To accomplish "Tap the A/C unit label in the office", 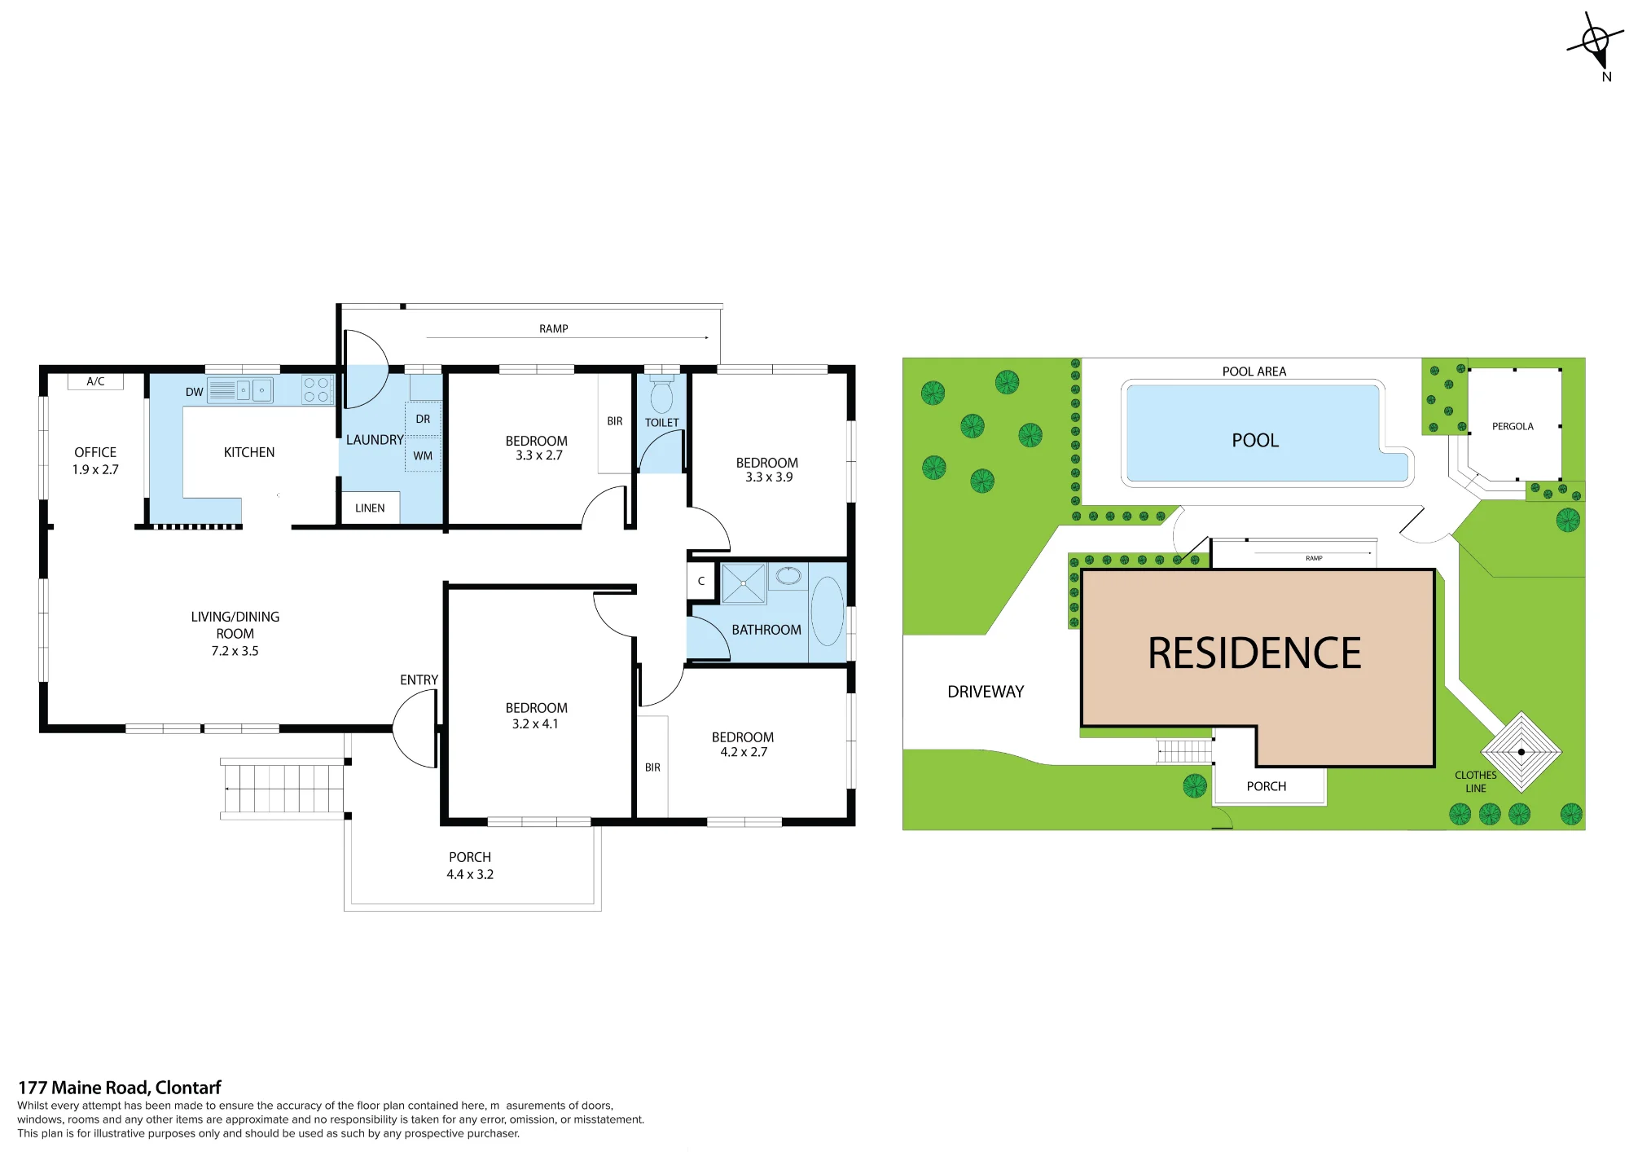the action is pyautogui.click(x=95, y=381).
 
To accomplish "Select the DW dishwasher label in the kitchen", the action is pyautogui.click(x=194, y=392).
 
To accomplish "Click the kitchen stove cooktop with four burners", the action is pyautogui.click(x=317, y=389).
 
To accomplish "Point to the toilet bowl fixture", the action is pyautogui.click(x=662, y=396).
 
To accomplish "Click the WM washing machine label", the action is pyautogui.click(x=423, y=456).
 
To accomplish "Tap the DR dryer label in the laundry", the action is pyautogui.click(x=423, y=419).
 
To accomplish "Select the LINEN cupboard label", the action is pyautogui.click(x=370, y=508).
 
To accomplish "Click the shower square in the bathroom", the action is pyautogui.click(x=744, y=583).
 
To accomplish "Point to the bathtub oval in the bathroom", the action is pyautogui.click(x=828, y=611).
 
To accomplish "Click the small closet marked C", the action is pyautogui.click(x=701, y=581).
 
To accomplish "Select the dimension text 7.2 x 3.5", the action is pyautogui.click(x=235, y=651).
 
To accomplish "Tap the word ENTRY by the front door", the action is pyautogui.click(x=419, y=679).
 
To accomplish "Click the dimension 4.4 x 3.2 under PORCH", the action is pyautogui.click(x=470, y=874).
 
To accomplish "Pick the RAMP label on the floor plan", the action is pyautogui.click(x=554, y=328).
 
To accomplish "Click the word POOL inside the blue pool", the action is pyautogui.click(x=1255, y=441).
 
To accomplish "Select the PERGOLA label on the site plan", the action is pyautogui.click(x=1513, y=426).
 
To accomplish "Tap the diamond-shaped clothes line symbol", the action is pyautogui.click(x=1521, y=751).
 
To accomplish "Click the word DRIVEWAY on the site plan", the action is pyautogui.click(x=986, y=692).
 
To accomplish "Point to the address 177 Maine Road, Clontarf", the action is pyautogui.click(x=120, y=1088).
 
